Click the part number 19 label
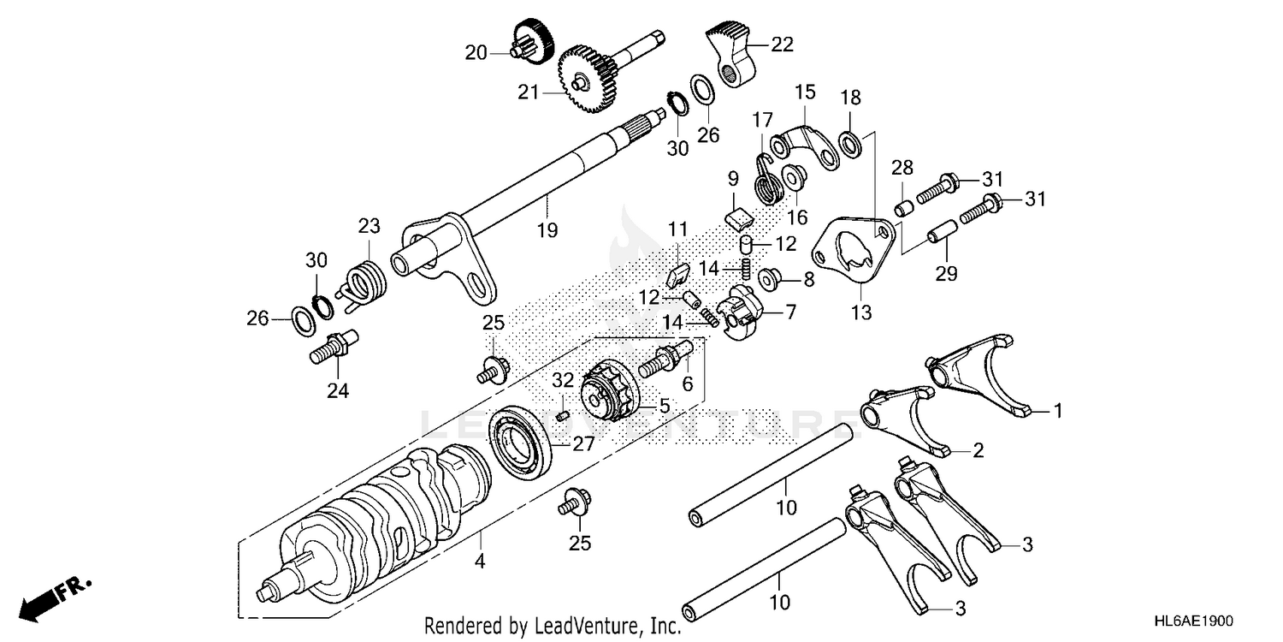point(547,229)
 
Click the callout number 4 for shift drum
point(480,562)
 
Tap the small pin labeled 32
point(563,415)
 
